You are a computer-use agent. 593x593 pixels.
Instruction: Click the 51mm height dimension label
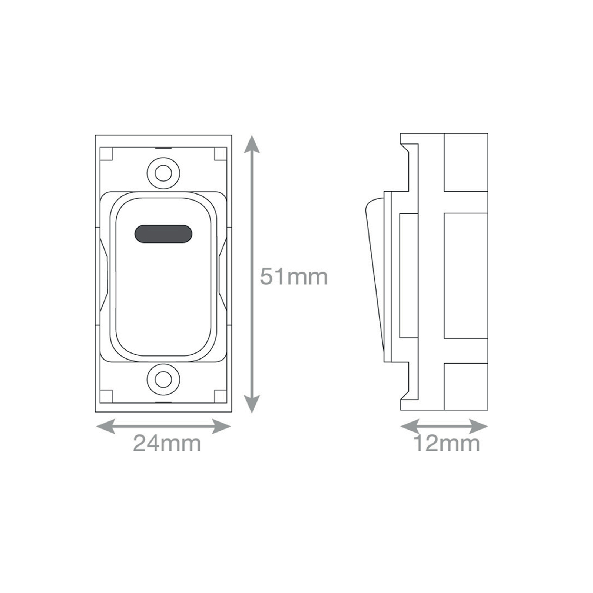click(294, 276)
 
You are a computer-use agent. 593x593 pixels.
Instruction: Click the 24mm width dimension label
click(167, 443)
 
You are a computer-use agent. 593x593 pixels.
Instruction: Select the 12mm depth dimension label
click(447, 443)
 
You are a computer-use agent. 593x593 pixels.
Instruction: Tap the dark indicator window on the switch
click(163, 234)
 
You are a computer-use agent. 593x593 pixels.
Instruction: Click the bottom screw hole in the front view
click(163, 379)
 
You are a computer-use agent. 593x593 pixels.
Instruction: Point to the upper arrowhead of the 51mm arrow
click(252, 144)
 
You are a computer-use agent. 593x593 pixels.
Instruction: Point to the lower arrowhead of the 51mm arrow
click(252, 404)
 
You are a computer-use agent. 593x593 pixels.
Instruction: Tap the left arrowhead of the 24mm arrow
click(105, 426)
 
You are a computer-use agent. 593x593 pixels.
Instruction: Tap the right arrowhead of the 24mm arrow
click(222, 426)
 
